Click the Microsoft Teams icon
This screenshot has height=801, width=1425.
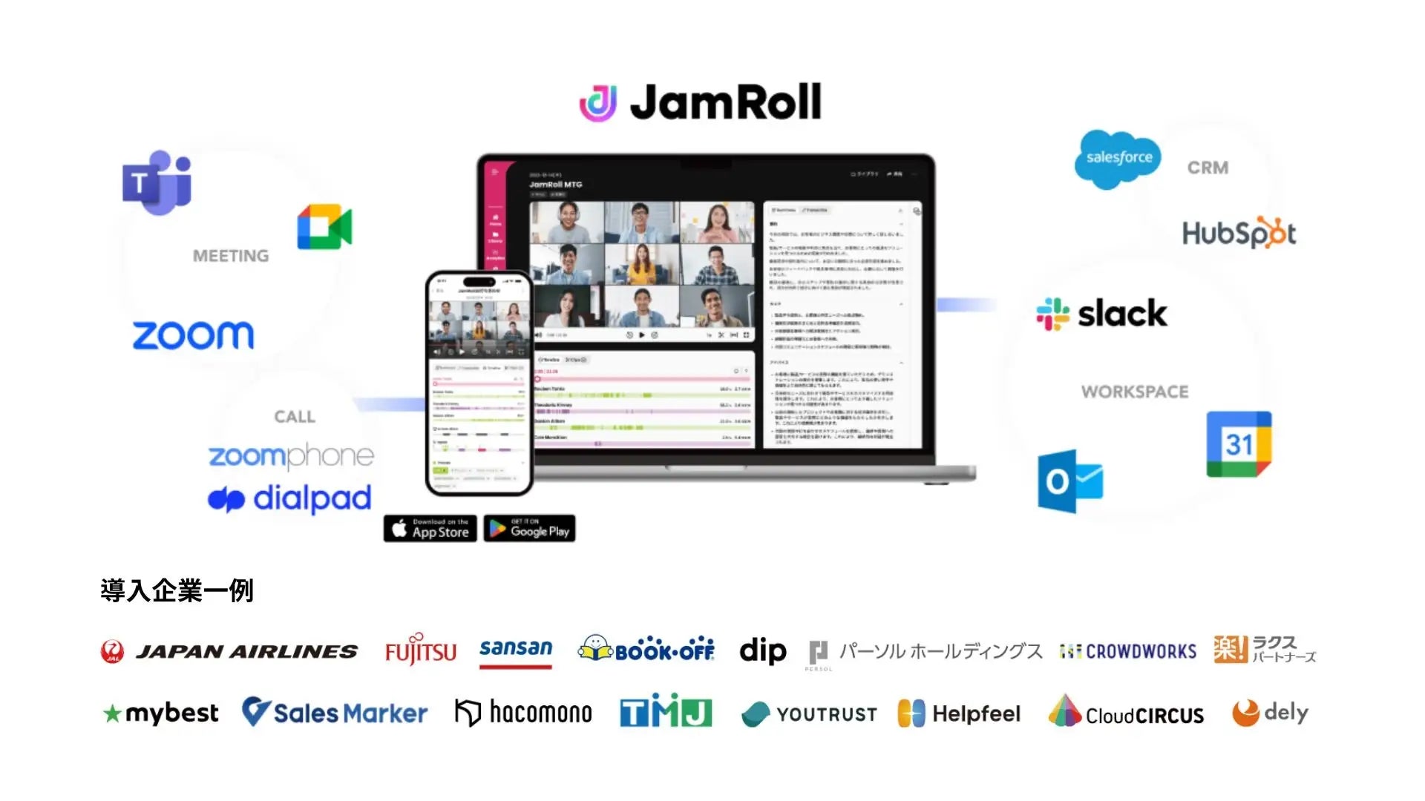pos(157,182)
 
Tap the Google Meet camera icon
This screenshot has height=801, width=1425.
pos(324,227)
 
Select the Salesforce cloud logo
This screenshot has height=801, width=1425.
pos(1118,159)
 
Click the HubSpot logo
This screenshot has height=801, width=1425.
pos(1239,234)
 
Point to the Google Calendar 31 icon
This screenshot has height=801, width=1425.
pos(1239,444)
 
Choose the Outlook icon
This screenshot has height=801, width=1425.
pos(1069,481)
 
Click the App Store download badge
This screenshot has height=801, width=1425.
pos(430,528)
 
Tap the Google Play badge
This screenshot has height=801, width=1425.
pos(529,528)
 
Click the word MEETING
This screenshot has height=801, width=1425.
pos(231,256)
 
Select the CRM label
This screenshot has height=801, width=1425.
pos(1208,168)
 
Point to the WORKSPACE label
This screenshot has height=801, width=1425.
pos(1134,392)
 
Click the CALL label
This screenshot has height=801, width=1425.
pos(295,417)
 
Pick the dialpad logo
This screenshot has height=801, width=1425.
pos(289,499)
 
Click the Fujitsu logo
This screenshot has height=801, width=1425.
pos(420,650)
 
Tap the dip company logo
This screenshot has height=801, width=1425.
pos(762,650)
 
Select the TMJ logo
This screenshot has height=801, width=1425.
pos(666,713)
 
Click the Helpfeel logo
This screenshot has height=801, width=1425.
pos(959,713)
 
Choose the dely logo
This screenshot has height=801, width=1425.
pos(1270,713)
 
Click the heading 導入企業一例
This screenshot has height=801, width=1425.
pos(177,591)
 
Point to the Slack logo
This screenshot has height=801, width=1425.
pos(1101,314)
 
